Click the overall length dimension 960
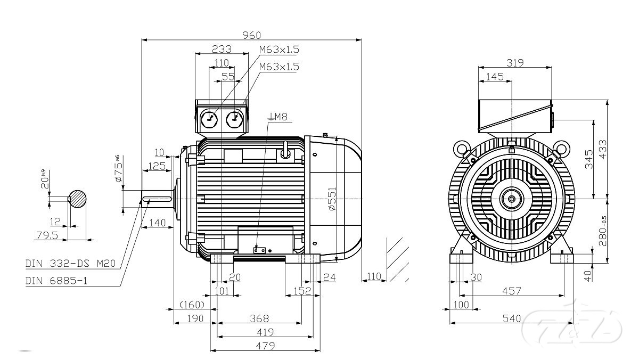[x=251, y=35]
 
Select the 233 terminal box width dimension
[x=222, y=49]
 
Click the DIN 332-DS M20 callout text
[x=72, y=264]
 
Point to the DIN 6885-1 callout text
[x=56, y=280]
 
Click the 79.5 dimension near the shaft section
[x=48, y=235]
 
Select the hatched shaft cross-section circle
[x=79, y=199]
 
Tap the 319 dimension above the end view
[x=515, y=63]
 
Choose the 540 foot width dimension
[x=511, y=318]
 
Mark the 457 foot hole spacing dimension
[x=511, y=291]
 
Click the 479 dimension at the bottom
[x=265, y=346]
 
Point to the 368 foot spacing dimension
[x=259, y=318]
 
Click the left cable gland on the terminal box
[x=211, y=119]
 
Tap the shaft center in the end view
[x=512, y=199]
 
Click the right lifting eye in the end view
[x=562, y=146]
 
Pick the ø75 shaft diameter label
[x=119, y=169]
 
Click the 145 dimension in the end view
[x=495, y=77]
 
